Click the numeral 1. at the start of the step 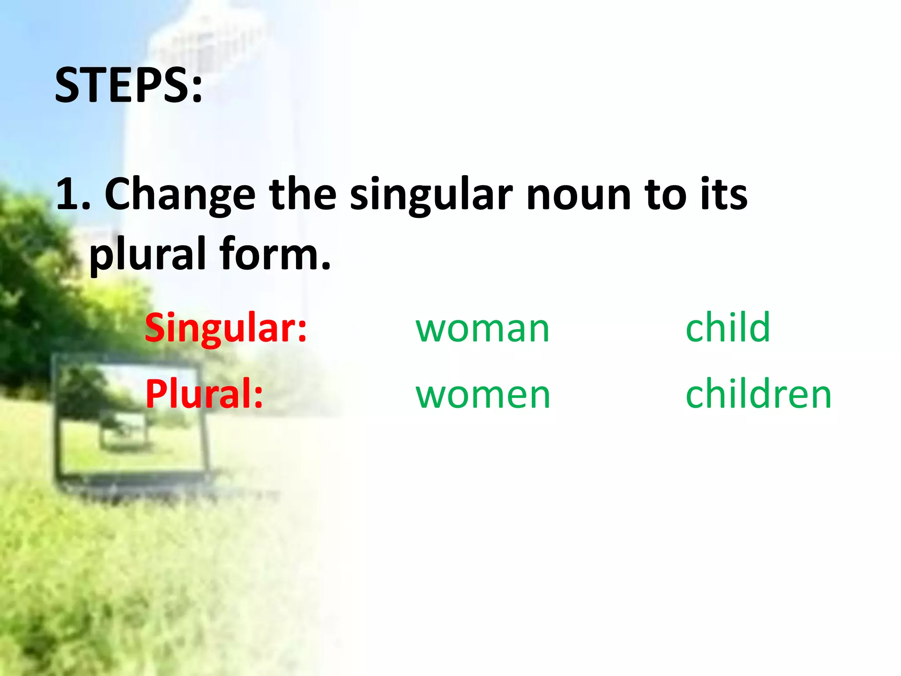click(x=73, y=194)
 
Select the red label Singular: click(x=226, y=327)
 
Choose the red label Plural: click(x=204, y=393)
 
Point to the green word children click(x=758, y=393)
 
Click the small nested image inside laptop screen click(x=123, y=434)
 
